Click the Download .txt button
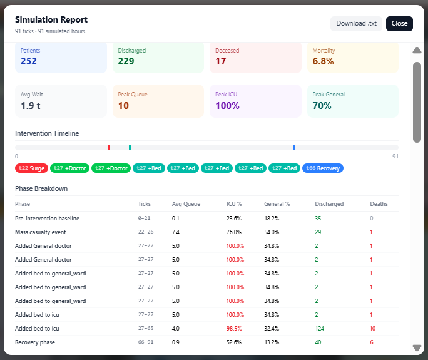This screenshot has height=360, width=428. (356, 24)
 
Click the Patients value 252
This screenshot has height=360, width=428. (29, 61)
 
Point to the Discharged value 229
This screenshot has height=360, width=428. (126, 61)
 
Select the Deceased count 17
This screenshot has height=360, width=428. (221, 61)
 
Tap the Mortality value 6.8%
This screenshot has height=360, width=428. (323, 61)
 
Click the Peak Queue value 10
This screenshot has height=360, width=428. (123, 106)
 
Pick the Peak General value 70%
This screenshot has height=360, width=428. (322, 106)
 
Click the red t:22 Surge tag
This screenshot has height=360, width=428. (31, 168)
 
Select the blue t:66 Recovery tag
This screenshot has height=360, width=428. (322, 168)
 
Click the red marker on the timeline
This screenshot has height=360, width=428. (108, 147)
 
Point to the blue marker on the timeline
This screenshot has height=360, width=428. (294, 147)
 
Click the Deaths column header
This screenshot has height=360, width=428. (379, 204)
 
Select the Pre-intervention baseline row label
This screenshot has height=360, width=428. (48, 219)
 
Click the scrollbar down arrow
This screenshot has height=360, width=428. (417, 348)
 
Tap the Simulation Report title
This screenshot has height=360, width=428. (51, 20)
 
